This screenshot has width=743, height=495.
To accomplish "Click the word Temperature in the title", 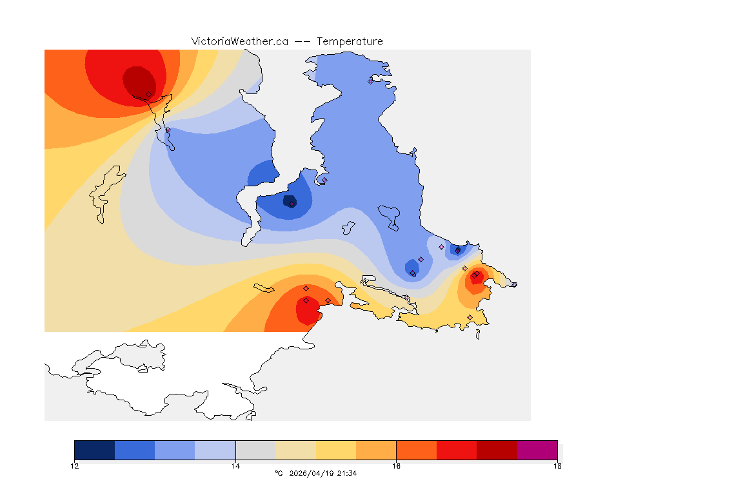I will coord(350,41).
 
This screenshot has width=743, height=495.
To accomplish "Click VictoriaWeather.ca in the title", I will coord(239,41).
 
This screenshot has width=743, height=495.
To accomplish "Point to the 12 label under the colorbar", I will coord(75,466).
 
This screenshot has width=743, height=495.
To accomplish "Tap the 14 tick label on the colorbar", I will coord(235,466).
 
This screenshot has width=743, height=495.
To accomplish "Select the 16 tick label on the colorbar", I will coord(396,466).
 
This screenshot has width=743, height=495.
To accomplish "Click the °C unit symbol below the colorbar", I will coord(279,473).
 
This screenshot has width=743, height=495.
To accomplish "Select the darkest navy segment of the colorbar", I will coord(95,450).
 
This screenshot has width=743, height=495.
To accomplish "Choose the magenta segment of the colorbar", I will coord(537,450).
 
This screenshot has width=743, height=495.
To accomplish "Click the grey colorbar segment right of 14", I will coord(255,450).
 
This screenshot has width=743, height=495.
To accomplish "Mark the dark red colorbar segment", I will coord(497,450).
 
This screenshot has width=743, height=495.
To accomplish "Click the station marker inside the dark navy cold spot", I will coord(292,204).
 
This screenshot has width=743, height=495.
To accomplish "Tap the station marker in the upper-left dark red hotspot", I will coord(148,95).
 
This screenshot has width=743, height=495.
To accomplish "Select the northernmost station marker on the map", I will coord(371,81).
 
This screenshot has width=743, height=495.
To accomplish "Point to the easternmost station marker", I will coord(514,285).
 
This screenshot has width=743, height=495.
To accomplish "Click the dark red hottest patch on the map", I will coord(139,80).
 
